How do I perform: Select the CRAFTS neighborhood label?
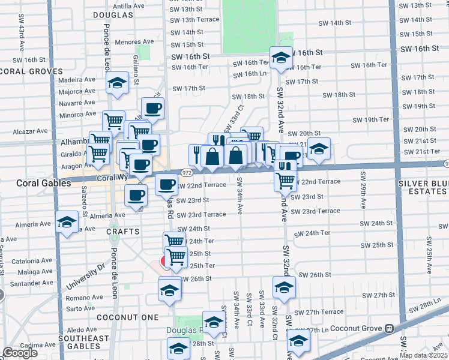[124, 231]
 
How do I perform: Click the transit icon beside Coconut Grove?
[390, 328]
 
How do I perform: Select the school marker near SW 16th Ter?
[281, 58]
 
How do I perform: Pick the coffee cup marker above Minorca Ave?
[152, 108]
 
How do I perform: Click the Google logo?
[20, 352]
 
